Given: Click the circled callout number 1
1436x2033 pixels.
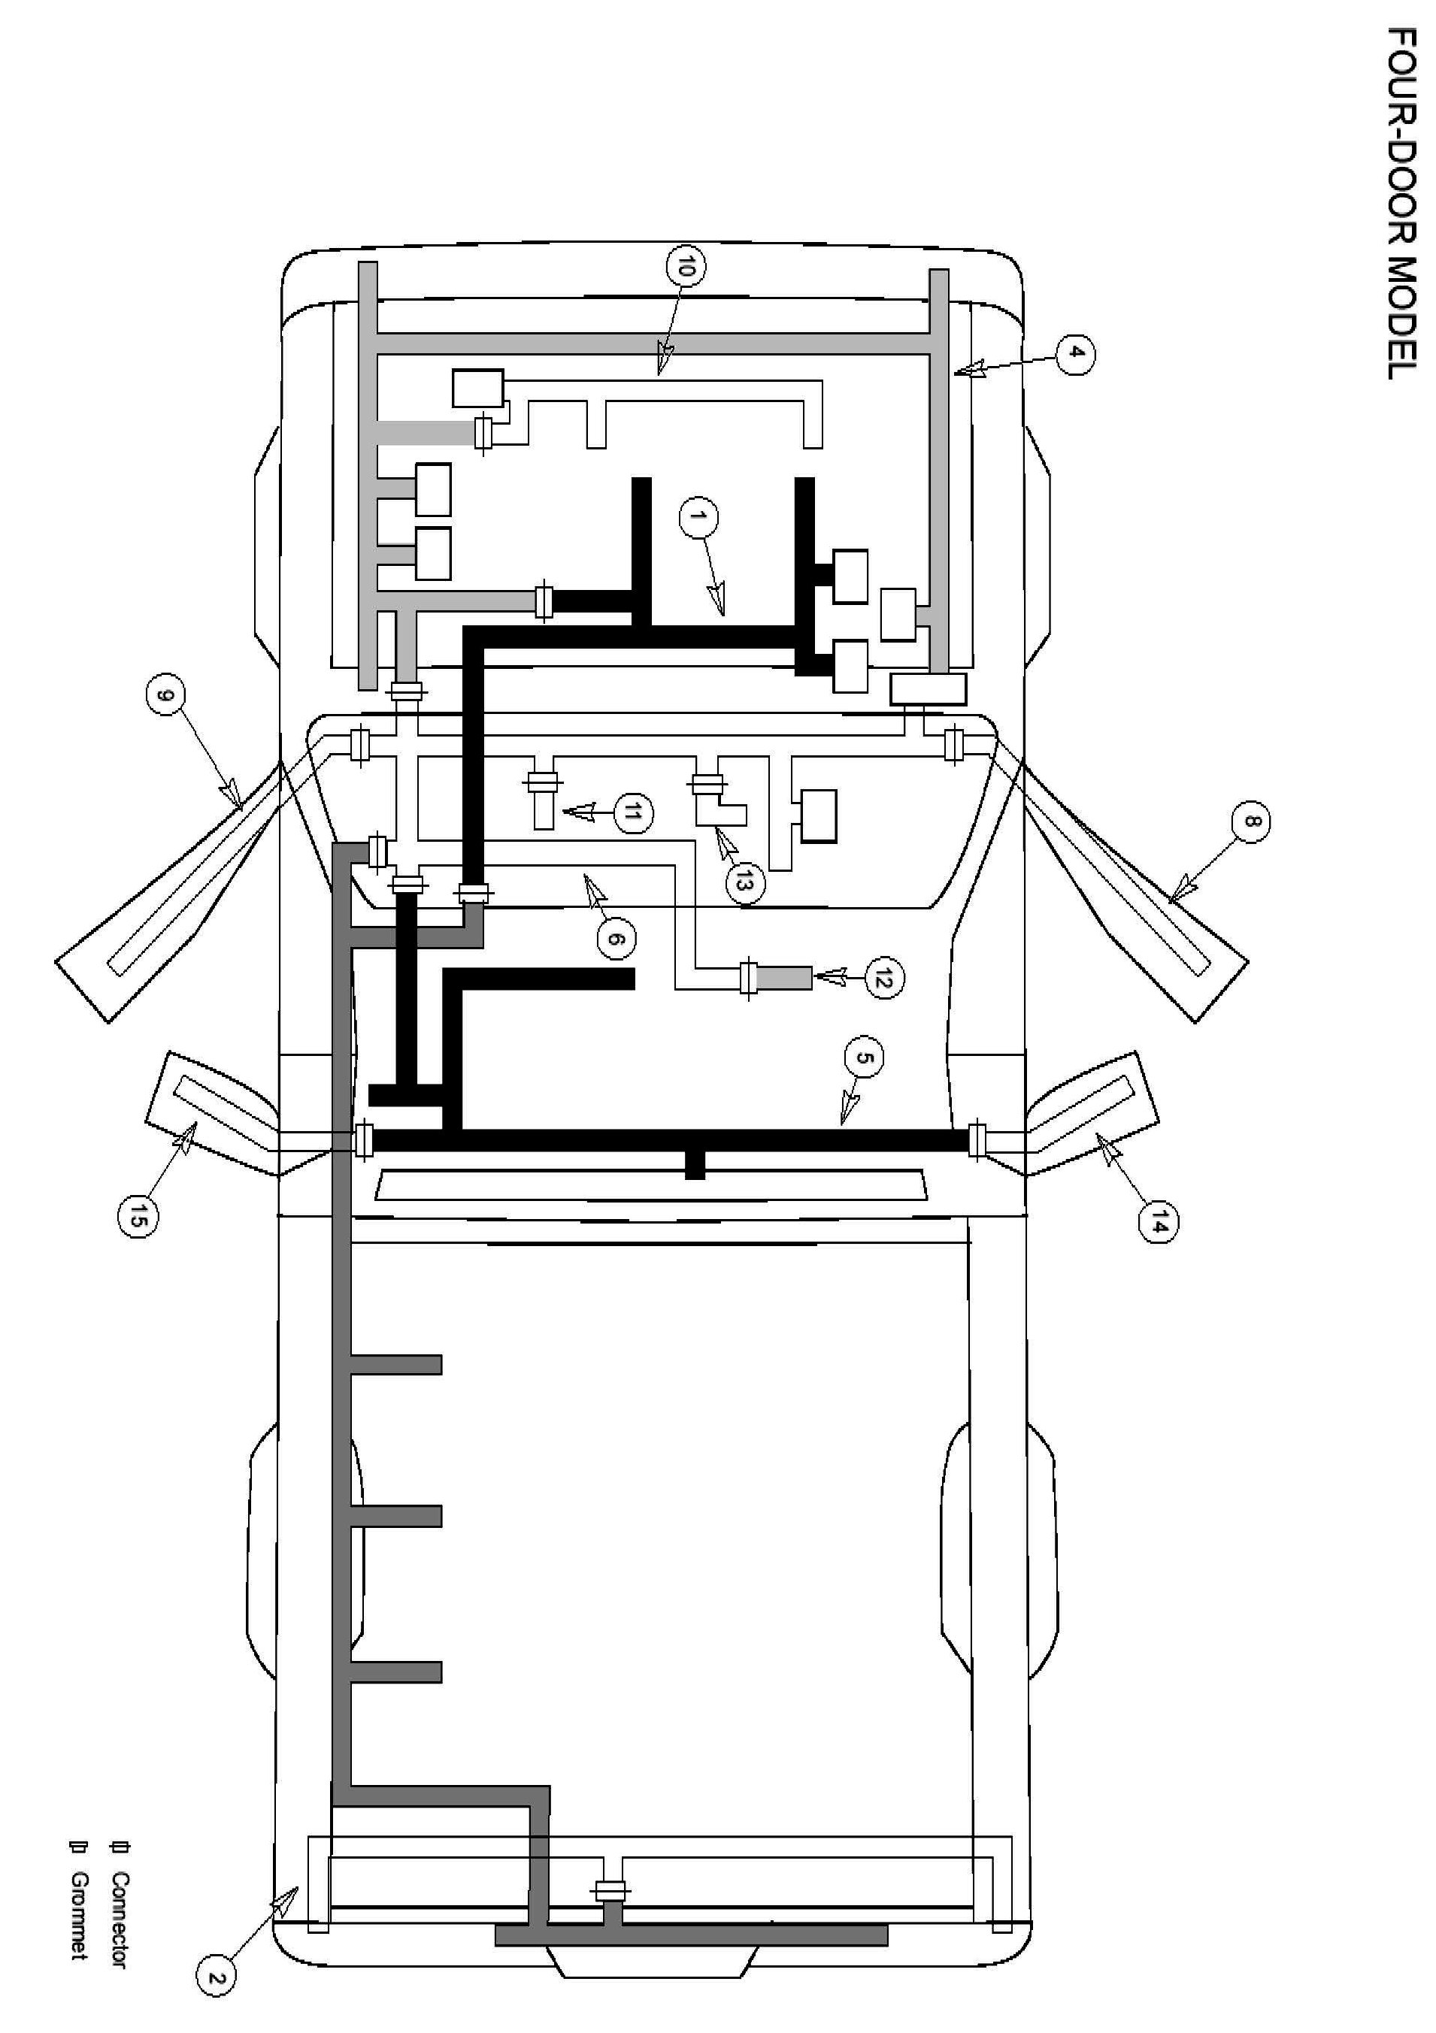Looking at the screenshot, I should pyautogui.click(x=699, y=518).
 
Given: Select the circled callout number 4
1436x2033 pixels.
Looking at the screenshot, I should pyautogui.click(x=1074, y=354).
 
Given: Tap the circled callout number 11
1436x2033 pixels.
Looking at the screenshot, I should pyautogui.click(x=632, y=812).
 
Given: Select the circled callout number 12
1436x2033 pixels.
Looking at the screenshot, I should pyautogui.click(x=883, y=978).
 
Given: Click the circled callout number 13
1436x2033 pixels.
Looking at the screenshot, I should pyautogui.click(x=744, y=881).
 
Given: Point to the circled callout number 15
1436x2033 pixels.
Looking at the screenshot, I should pyautogui.click(x=138, y=1219).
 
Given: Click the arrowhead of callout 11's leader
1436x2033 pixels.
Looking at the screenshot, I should pyautogui.click(x=571, y=810).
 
